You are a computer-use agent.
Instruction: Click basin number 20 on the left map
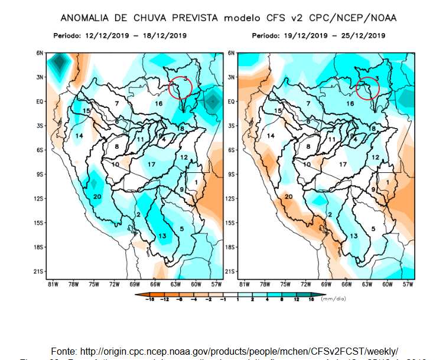pyautogui.click(x=97, y=197)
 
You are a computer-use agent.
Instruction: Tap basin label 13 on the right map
pyautogui.click(x=354, y=236)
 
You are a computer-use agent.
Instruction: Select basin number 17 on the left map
pyautogui.click(x=152, y=163)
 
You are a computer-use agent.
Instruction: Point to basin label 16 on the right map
pyautogui.click(x=350, y=104)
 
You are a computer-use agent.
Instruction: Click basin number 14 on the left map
pyautogui.click(x=79, y=136)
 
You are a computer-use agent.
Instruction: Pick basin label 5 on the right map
pyautogui.click(x=373, y=228)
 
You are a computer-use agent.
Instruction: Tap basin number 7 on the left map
pyautogui.click(x=117, y=104)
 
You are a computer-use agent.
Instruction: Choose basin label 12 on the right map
pyautogui.click(x=375, y=158)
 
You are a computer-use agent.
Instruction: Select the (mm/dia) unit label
pyautogui.click(x=334, y=299)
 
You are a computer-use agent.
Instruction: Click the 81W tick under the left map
pyautogui.click(x=53, y=284)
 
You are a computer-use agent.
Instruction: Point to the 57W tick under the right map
pyautogui.click(x=407, y=284)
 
